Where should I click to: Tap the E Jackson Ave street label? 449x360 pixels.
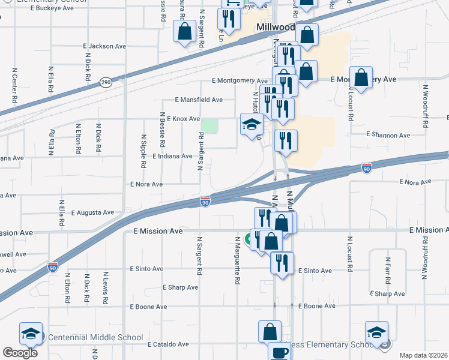109,46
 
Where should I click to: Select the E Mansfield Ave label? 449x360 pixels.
199,100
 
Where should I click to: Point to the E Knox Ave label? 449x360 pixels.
183,119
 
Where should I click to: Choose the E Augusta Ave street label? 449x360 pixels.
92,212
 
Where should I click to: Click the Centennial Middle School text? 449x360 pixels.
96,338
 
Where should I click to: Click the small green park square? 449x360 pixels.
209,126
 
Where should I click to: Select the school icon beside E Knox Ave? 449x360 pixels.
252,125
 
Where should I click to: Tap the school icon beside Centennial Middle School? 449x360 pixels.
31,334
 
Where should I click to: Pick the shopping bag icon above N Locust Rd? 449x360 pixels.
361,78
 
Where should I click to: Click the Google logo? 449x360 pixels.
20,353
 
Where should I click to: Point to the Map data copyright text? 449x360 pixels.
423,355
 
